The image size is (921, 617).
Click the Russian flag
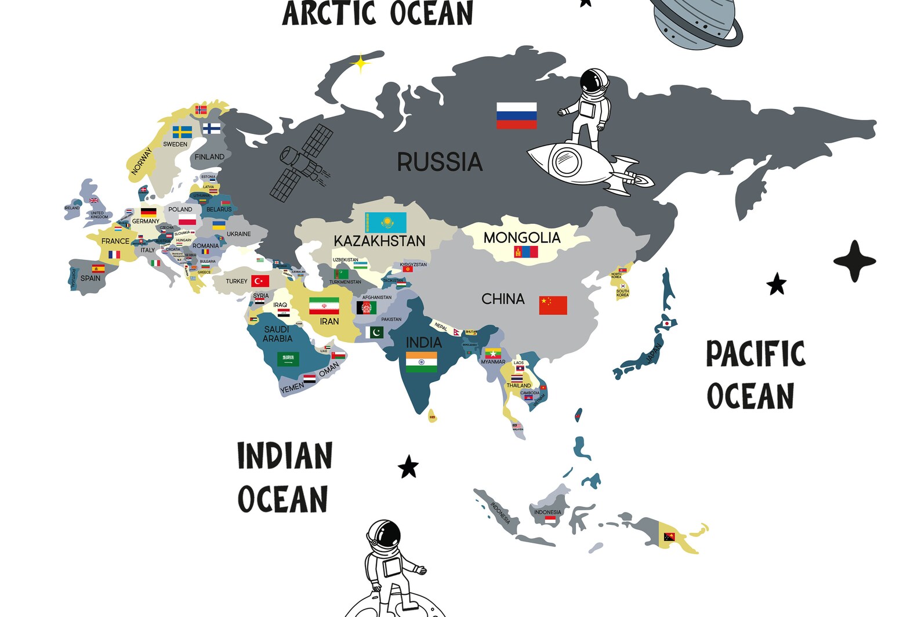click(516, 115)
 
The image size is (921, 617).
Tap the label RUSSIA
click(440, 162)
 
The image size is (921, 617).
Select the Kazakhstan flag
click(385, 223)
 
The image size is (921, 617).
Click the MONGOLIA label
click(522, 237)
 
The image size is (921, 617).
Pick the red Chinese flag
click(553, 305)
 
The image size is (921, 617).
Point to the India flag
click(421, 362)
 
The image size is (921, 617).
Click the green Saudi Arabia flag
click(288, 359)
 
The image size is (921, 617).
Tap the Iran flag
click(324, 306)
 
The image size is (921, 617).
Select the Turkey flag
click(260, 281)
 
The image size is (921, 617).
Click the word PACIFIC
click(756, 354)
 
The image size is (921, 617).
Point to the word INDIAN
click(285, 456)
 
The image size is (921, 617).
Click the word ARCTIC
click(329, 13)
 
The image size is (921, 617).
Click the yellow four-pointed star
click(360, 63)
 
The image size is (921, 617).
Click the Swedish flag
click(182, 132)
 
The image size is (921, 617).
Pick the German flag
click(148, 212)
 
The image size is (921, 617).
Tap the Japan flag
click(667, 323)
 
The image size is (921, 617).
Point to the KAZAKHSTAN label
click(379, 241)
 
